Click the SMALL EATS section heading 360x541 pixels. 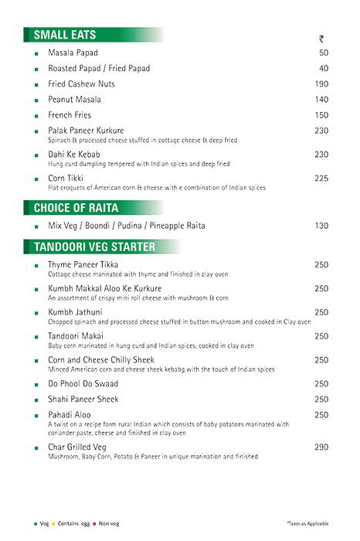click(65, 34)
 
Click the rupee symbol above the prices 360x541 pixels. click(322, 39)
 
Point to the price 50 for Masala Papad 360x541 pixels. click(324, 53)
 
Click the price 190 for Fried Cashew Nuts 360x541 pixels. click(322, 84)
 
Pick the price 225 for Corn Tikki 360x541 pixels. click(322, 179)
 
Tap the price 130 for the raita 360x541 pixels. click(322, 226)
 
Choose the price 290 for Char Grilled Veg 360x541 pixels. click(322, 447)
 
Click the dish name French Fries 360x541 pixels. click(69, 115)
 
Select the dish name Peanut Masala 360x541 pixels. click(74, 100)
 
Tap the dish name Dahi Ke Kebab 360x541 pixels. click(76, 155)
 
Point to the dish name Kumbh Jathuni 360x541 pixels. click(76, 312)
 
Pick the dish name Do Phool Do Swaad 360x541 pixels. click(84, 383)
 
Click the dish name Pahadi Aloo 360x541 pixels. click(71, 415)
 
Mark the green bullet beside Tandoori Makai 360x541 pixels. click(36, 337)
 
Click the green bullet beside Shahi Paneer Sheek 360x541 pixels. click(36, 400)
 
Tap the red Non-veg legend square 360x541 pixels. click(94, 523)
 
